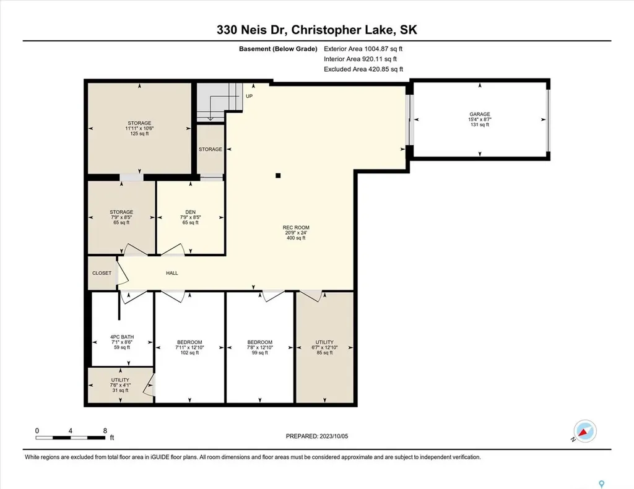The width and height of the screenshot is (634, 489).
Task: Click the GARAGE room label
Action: click(x=479, y=115)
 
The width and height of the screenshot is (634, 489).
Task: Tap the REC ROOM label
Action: click(x=296, y=228)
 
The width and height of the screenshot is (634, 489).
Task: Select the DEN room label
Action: click(x=189, y=212)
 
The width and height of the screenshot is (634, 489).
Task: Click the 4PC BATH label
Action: click(x=121, y=337)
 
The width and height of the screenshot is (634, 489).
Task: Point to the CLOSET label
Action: click(x=102, y=273)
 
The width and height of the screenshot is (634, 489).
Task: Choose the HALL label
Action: click(x=172, y=273)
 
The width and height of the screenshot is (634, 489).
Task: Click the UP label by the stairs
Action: click(x=249, y=96)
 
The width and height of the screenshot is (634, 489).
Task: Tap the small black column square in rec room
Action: click(x=278, y=176)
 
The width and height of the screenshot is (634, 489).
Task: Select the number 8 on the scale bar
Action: click(x=105, y=430)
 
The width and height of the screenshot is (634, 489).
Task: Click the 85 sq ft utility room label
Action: click(x=324, y=342)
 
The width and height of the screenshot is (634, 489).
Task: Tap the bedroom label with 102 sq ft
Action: click(x=189, y=342)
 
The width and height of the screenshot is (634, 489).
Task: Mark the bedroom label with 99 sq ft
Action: click(x=259, y=342)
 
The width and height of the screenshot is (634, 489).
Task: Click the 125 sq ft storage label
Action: click(x=139, y=123)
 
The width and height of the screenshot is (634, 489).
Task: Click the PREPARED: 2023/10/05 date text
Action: click(x=321, y=436)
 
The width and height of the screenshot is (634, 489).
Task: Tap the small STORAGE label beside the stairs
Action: click(x=211, y=149)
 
